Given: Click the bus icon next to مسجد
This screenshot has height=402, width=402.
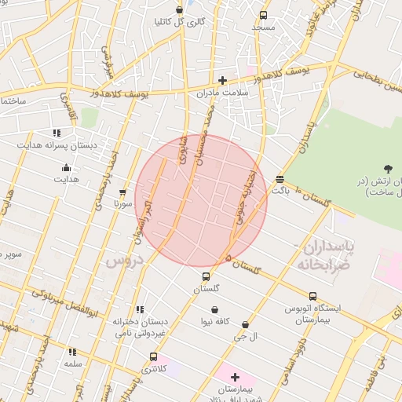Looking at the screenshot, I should pos(262,14).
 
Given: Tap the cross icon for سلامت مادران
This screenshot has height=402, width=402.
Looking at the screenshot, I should pos(222,80).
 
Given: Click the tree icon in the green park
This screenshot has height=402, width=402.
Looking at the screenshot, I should pos(388,168).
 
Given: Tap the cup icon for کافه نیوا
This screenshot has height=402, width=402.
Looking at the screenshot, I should pos(213,310).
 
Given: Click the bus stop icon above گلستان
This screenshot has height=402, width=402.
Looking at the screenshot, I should pos(206,276).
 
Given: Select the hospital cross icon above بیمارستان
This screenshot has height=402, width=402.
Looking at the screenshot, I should pos(235,378).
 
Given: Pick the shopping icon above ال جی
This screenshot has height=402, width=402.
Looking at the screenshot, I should pos(246,324).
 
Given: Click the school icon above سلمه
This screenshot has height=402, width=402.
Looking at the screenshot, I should pos(72,353).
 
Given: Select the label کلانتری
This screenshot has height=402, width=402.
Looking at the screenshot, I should pos(154,368).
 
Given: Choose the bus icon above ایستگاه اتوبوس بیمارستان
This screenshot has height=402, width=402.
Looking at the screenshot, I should pos(312,296).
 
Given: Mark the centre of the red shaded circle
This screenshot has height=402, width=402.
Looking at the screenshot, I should pos(202,201).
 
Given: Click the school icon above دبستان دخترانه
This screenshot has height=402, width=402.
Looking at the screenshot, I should pos(140,309).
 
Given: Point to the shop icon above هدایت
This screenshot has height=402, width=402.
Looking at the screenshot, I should pos(66,167).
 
